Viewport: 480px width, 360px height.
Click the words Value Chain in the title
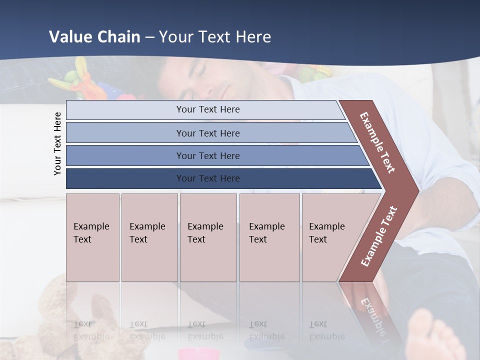tap(94, 37)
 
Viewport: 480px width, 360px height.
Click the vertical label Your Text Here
tap(57, 143)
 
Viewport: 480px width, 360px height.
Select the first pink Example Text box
tap(92, 237)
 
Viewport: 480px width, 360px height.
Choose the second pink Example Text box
tap(149, 237)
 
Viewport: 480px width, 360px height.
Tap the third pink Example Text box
tap(208, 237)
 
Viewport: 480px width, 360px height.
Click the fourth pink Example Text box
tap(269, 237)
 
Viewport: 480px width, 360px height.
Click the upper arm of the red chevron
tap(377, 142)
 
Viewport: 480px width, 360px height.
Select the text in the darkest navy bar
tap(208, 178)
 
